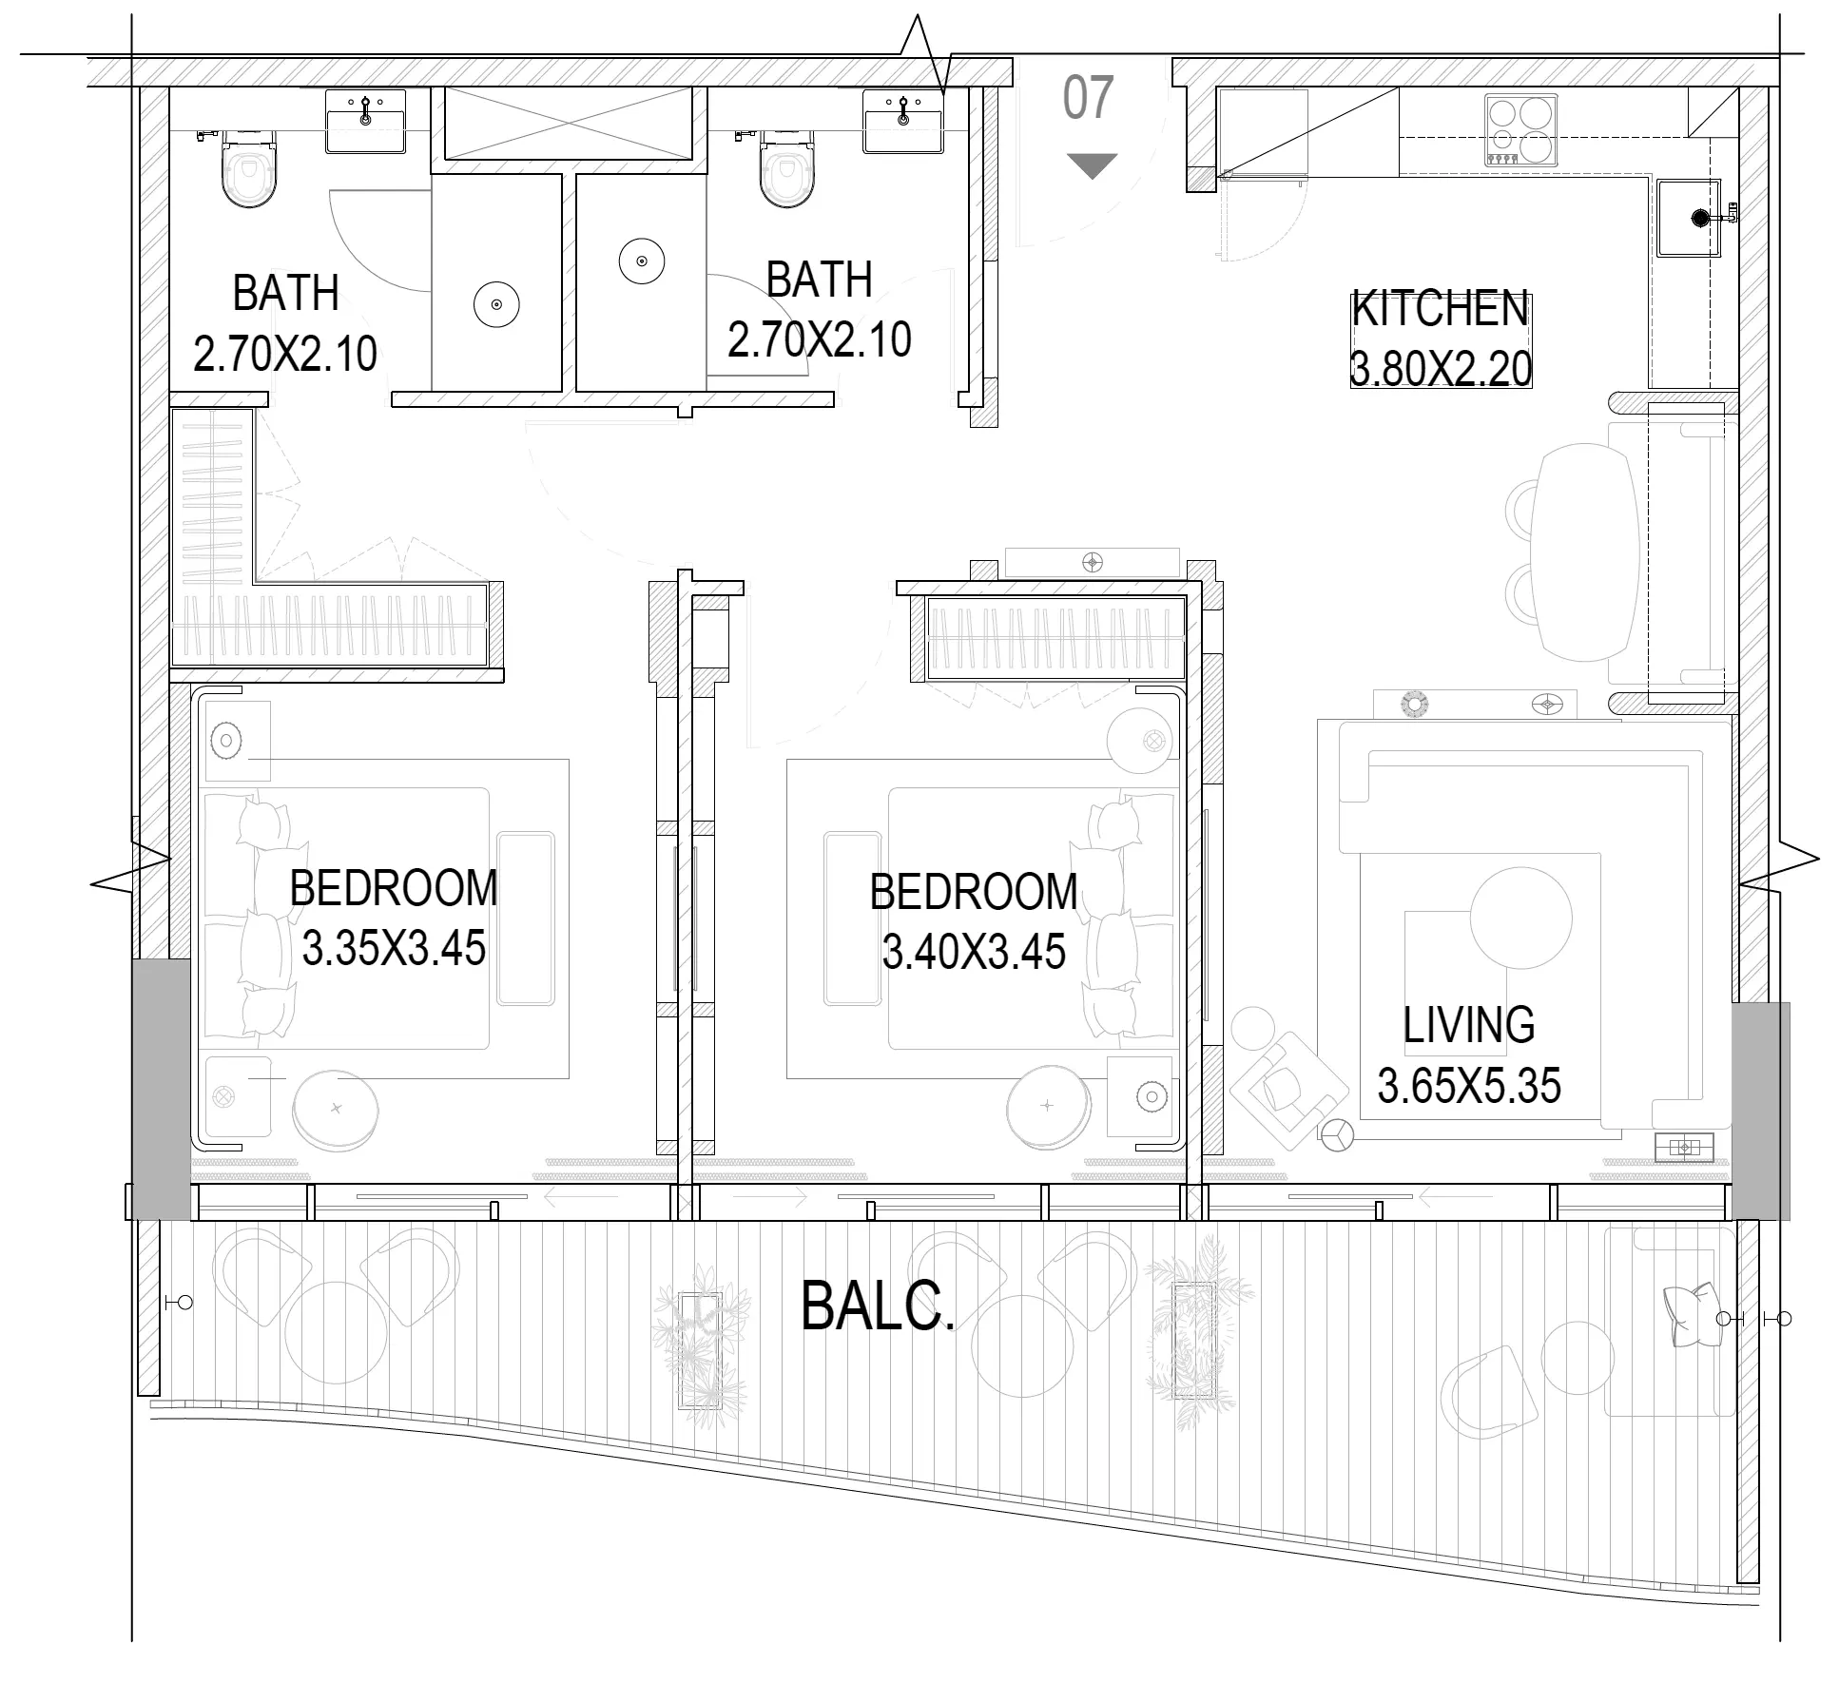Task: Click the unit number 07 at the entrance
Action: (x=1088, y=98)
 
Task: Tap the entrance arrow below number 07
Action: (x=1092, y=166)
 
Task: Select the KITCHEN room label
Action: (x=1440, y=309)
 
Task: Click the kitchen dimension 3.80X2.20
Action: (x=1441, y=369)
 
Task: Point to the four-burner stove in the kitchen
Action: (x=1520, y=131)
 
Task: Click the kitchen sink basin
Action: (x=1690, y=218)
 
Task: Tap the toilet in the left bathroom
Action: (x=249, y=169)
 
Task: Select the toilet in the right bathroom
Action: (x=787, y=169)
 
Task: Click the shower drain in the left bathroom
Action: (x=496, y=304)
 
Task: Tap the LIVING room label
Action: (x=1468, y=1025)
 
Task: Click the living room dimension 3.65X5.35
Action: (x=1469, y=1086)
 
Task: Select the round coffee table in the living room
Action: (x=1520, y=919)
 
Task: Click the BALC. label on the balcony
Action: (x=877, y=1306)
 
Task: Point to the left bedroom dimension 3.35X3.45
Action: (x=394, y=949)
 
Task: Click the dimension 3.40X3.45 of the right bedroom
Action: (x=974, y=952)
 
